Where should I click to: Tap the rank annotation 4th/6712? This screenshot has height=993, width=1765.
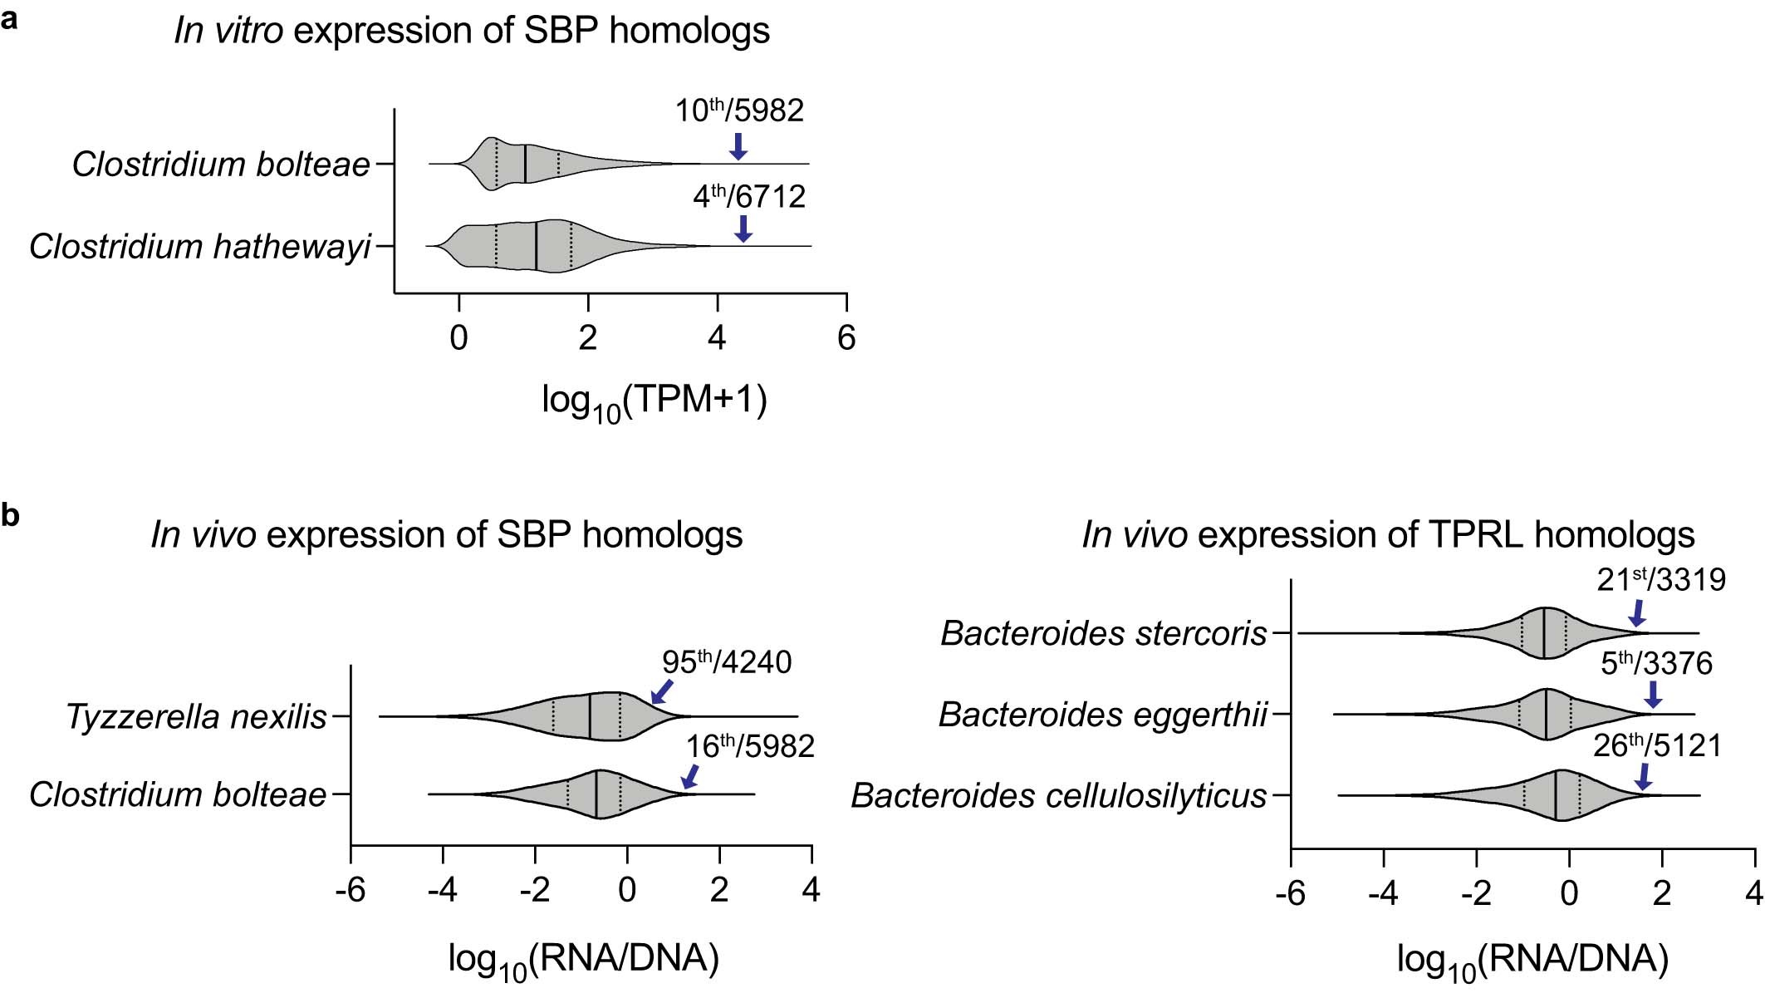point(749,197)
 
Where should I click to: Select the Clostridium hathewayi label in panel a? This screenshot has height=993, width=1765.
point(199,247)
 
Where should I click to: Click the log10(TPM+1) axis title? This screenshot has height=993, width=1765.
point(655,401)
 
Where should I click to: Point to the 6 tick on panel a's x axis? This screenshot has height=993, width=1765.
point(846,338)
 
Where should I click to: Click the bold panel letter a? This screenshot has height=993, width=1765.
point(9,18)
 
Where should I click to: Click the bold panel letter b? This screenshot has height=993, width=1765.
point(10,515)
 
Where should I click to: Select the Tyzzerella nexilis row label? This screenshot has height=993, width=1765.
point(196,717)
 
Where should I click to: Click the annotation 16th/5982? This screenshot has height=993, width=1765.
point(749,746)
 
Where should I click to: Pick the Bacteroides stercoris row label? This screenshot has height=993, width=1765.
point(1104,634)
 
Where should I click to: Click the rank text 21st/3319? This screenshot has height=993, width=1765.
point(1661,580)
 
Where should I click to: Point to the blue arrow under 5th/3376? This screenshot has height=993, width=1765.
point(1652,694)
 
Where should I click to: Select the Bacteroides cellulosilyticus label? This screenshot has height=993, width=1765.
point(1059,796)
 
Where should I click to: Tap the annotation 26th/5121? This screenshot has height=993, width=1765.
point(1657,745)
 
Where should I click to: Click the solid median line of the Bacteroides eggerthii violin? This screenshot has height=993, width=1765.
point(1546,714)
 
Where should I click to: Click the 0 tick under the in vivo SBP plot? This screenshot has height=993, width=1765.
point(627,890)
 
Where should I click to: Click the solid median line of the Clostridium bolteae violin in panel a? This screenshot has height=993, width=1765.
point(525,164)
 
